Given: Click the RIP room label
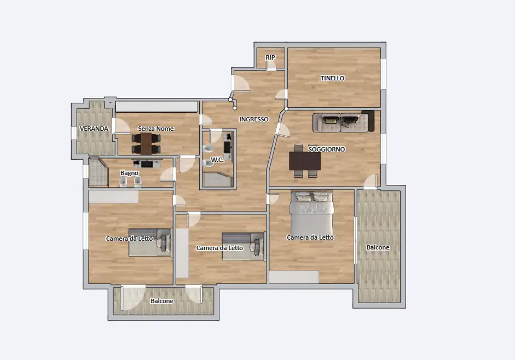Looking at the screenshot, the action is (270, 57).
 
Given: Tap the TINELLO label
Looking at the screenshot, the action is (332, 78).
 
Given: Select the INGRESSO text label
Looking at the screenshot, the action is (253, 119).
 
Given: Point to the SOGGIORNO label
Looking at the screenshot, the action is (327, 149).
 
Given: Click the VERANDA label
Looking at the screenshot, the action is (94, 129).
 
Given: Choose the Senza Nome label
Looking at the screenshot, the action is (155, 129).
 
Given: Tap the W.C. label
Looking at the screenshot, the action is (217, 160).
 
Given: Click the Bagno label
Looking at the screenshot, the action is (129, 173).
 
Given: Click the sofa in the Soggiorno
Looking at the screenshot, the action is (343, 121).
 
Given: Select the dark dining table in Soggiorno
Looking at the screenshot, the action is (305, 161).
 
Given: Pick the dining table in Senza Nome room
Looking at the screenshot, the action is (146, 143).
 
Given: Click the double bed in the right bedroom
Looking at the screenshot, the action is (312, 213).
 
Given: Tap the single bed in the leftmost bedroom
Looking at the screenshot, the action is (151, 242).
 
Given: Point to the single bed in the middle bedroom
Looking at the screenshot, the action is (244, 246).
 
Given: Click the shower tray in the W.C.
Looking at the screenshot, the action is (218, 179).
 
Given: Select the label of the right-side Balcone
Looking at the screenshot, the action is (378, 247).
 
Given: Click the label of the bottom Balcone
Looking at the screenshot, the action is (162, 301).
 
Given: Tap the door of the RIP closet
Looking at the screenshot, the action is (271, 65).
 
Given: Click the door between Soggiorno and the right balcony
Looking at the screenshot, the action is (371, 182).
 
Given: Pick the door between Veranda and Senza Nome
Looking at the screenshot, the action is (121, 126).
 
